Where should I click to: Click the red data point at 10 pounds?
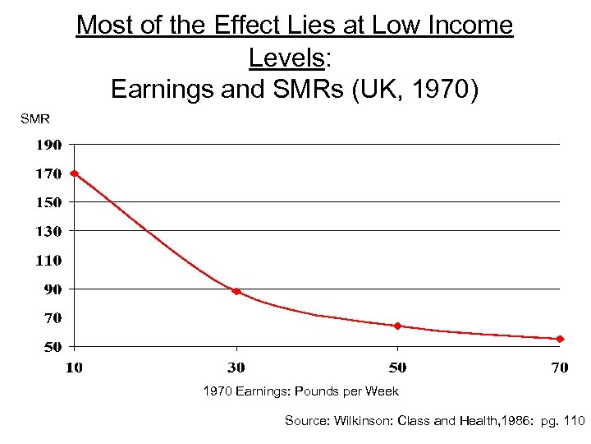[x=74, y=173]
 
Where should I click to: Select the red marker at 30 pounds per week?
[x=236, y=291]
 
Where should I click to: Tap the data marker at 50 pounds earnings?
[x=398, y=326]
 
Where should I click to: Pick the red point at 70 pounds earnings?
[x=560, y=339]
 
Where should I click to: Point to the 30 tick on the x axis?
[x=236, y=368]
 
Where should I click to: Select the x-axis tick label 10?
[x=74, y=368]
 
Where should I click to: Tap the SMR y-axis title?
[x=35, y=119]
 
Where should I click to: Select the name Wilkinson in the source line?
[x=360, y=421]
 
